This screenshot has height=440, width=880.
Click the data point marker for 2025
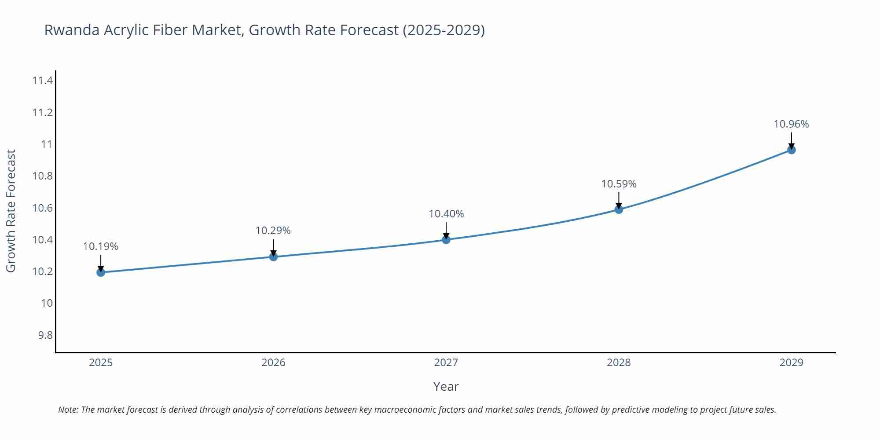click(101, 272)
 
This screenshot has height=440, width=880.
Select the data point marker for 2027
click(446, 239)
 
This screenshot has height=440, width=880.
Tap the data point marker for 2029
click(791, 150)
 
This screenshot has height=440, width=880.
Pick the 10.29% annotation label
click(273, 231)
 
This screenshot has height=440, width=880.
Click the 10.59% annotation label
click(619, 184)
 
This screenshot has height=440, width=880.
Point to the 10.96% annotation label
click(791, 124)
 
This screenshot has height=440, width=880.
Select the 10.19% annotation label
click(100, 246)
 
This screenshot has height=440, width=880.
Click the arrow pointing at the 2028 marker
click(619, 200)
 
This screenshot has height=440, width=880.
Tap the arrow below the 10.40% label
click(446, 230)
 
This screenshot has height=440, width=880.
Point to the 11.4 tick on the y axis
click(42, 81)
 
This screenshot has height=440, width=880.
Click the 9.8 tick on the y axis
click(45, 335)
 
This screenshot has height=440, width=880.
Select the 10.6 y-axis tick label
click(42, 208)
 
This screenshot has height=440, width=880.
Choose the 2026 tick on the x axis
click(273, 363)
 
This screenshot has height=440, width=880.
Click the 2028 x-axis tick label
click(619, 363)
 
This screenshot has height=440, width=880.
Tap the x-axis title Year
click(446, 386)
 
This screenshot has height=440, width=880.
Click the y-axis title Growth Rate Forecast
click(11, 211)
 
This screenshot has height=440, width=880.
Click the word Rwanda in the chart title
click(71, 30)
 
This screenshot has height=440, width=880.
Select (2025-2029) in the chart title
click(444, 30)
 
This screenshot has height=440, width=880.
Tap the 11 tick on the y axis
click(47, 144)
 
